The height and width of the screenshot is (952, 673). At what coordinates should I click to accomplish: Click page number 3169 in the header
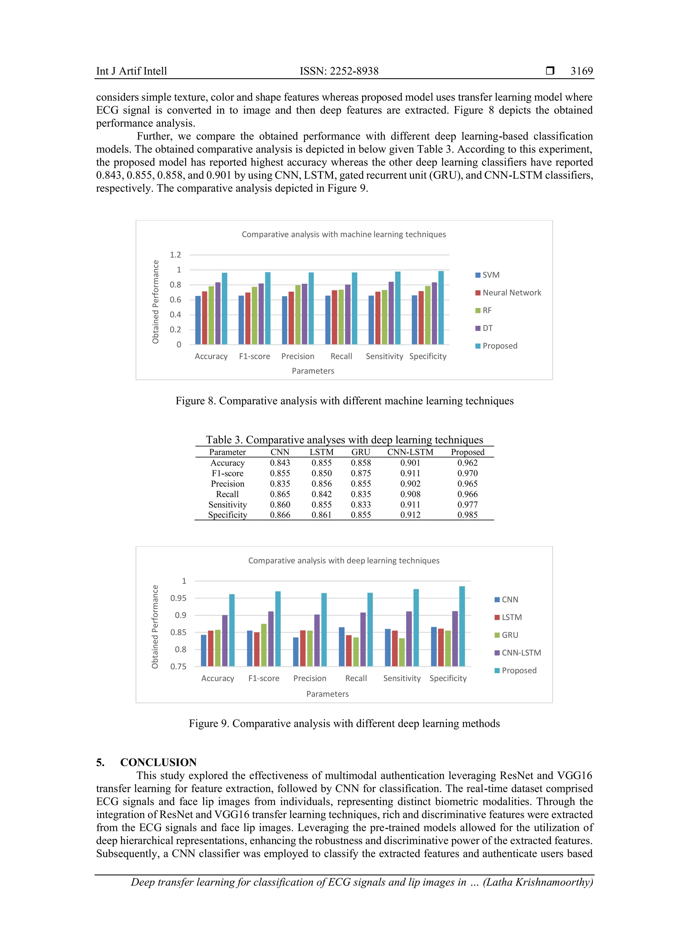pos(581,71)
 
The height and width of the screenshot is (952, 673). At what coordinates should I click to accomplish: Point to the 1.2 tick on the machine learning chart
pos(175,254)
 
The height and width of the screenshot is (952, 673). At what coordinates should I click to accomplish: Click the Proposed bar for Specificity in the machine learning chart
pos(441,308)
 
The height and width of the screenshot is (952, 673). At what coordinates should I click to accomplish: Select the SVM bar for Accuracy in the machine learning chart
pos(198,320)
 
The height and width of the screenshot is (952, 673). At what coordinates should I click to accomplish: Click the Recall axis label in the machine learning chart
pos(341,356)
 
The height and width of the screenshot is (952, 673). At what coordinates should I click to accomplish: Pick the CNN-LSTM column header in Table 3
pos(410,452)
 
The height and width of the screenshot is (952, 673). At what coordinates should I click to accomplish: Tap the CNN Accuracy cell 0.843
pos(280,463)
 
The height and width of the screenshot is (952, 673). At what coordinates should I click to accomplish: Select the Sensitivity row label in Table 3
pos(227,505)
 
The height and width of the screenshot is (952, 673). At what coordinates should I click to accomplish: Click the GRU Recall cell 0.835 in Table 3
pos(360,494)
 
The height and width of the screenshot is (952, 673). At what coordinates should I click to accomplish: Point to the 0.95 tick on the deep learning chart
pos(178,598)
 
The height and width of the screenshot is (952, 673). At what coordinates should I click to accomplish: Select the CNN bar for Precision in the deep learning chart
pos(295,652)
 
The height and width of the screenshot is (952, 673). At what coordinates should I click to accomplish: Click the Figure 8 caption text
pos(344,401)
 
